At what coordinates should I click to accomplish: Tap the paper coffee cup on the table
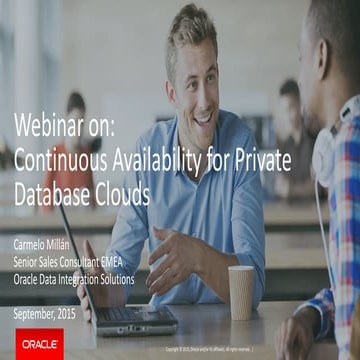241,291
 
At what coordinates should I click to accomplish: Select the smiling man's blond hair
189,30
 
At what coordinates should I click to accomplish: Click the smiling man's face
196,75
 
